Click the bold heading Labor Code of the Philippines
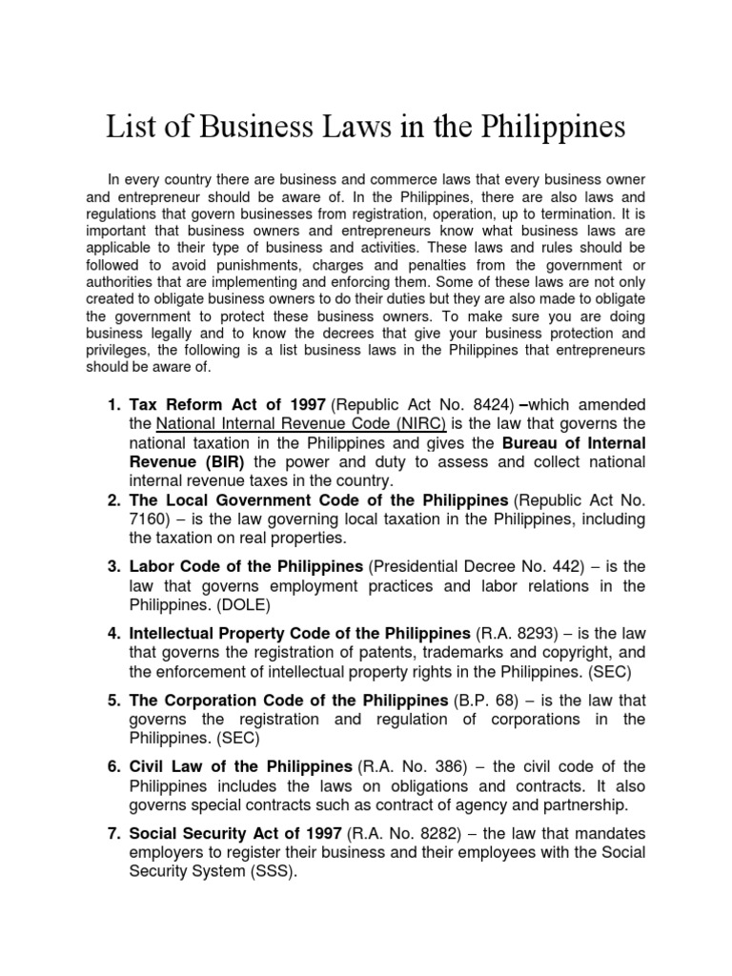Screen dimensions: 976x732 tap(246, 566)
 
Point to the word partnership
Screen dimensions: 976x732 tap(581, 804)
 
